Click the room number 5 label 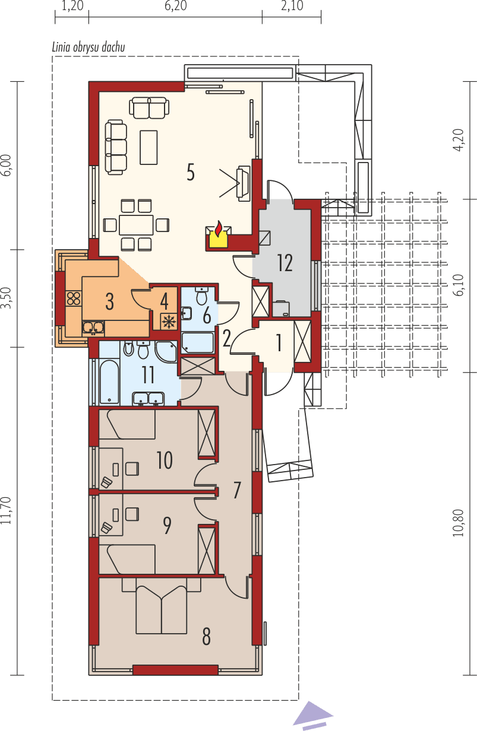[190, 172]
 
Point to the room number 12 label [285, 262]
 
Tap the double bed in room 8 [160, 609]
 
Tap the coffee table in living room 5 [149, 147]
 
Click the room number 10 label [165, 460]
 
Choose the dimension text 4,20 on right [457, 140]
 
